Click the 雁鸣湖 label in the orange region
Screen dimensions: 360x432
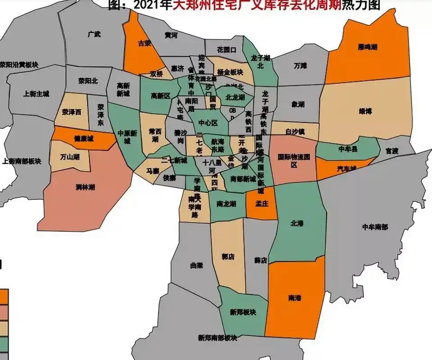[x=368, y=47]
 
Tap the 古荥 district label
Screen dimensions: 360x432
[x=144, y=44]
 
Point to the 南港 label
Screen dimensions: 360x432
[x=295, y=298]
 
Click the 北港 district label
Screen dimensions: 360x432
[x=298, y=223]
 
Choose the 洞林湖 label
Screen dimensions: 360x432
[x=85, y=187]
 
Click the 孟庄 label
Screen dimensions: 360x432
[x=262, y=203]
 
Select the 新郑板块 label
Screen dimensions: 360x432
[x=243, y=312]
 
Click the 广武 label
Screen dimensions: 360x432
[x=95, y=34]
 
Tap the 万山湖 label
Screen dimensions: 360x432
[x=70, y=157]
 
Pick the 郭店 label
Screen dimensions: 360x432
[x=228, y=257]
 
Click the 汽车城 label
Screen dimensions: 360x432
[x=347, y=169]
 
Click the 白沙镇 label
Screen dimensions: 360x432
[x=296, y=132]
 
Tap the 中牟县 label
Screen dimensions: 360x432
[x=347, y=149]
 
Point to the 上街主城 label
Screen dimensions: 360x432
[x=36, y=94]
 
